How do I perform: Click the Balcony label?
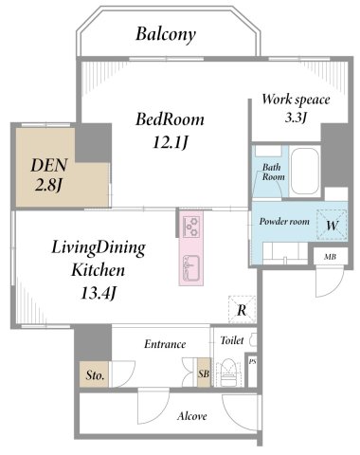(x=166, y=34)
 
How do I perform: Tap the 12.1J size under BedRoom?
(x=171, y=142)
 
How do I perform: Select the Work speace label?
(x=296, y=100)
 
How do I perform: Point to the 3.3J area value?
(x=296, y=118)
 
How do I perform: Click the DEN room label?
(x=49, y=165)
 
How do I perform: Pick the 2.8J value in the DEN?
(x=47, y=186)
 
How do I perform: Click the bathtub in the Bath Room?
(x=305, y=172)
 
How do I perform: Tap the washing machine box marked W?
(x=332, y=226)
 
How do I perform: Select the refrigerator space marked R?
(x=242, y=309)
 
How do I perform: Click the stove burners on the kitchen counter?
(x=190, y=227)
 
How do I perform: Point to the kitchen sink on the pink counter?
(x=190, y=268)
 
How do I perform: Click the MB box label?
(x=331, y=257)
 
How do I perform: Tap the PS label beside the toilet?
(x=252, y=362)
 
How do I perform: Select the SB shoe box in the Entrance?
(x=204, y=373)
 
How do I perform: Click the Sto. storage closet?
(x=94, y=374)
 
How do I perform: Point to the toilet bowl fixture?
(x=228, y=373)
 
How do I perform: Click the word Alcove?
(x=192, y=416)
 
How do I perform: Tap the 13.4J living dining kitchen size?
(x=98, y=293)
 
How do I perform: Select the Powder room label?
(x=284, y=221)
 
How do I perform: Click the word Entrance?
(x=165, y=344)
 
